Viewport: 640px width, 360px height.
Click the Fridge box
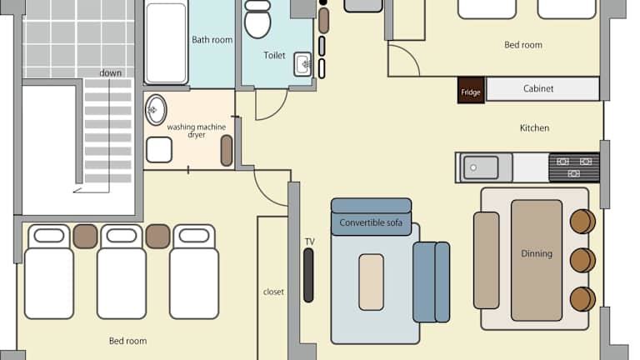click(471, 90)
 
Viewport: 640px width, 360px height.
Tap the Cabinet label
click(538, 88)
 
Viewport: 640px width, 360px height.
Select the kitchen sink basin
click(481, 167)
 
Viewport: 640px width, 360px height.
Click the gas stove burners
click(574, 167)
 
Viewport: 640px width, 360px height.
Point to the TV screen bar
click(308, 276)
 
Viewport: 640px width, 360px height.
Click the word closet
click(273, 292)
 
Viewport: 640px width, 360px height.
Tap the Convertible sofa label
click(371, 222)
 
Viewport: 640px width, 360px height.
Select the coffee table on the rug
click(371, 282)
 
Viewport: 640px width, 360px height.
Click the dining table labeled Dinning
click(537, 260)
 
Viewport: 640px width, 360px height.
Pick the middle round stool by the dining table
click(582, 260)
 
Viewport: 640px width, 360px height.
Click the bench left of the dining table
click(486, 260)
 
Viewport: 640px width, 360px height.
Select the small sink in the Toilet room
click(302, 64)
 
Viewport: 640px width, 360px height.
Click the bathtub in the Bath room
click(166, 42)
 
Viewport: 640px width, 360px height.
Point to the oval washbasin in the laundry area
click(156, 110)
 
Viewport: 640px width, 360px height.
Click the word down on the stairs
click(111, 73)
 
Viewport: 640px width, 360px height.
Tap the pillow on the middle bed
click(121, 236)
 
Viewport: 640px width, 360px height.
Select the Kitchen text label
click(534, 128)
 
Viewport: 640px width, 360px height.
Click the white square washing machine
click(159, 150)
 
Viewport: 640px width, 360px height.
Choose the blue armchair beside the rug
click(432, 282)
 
